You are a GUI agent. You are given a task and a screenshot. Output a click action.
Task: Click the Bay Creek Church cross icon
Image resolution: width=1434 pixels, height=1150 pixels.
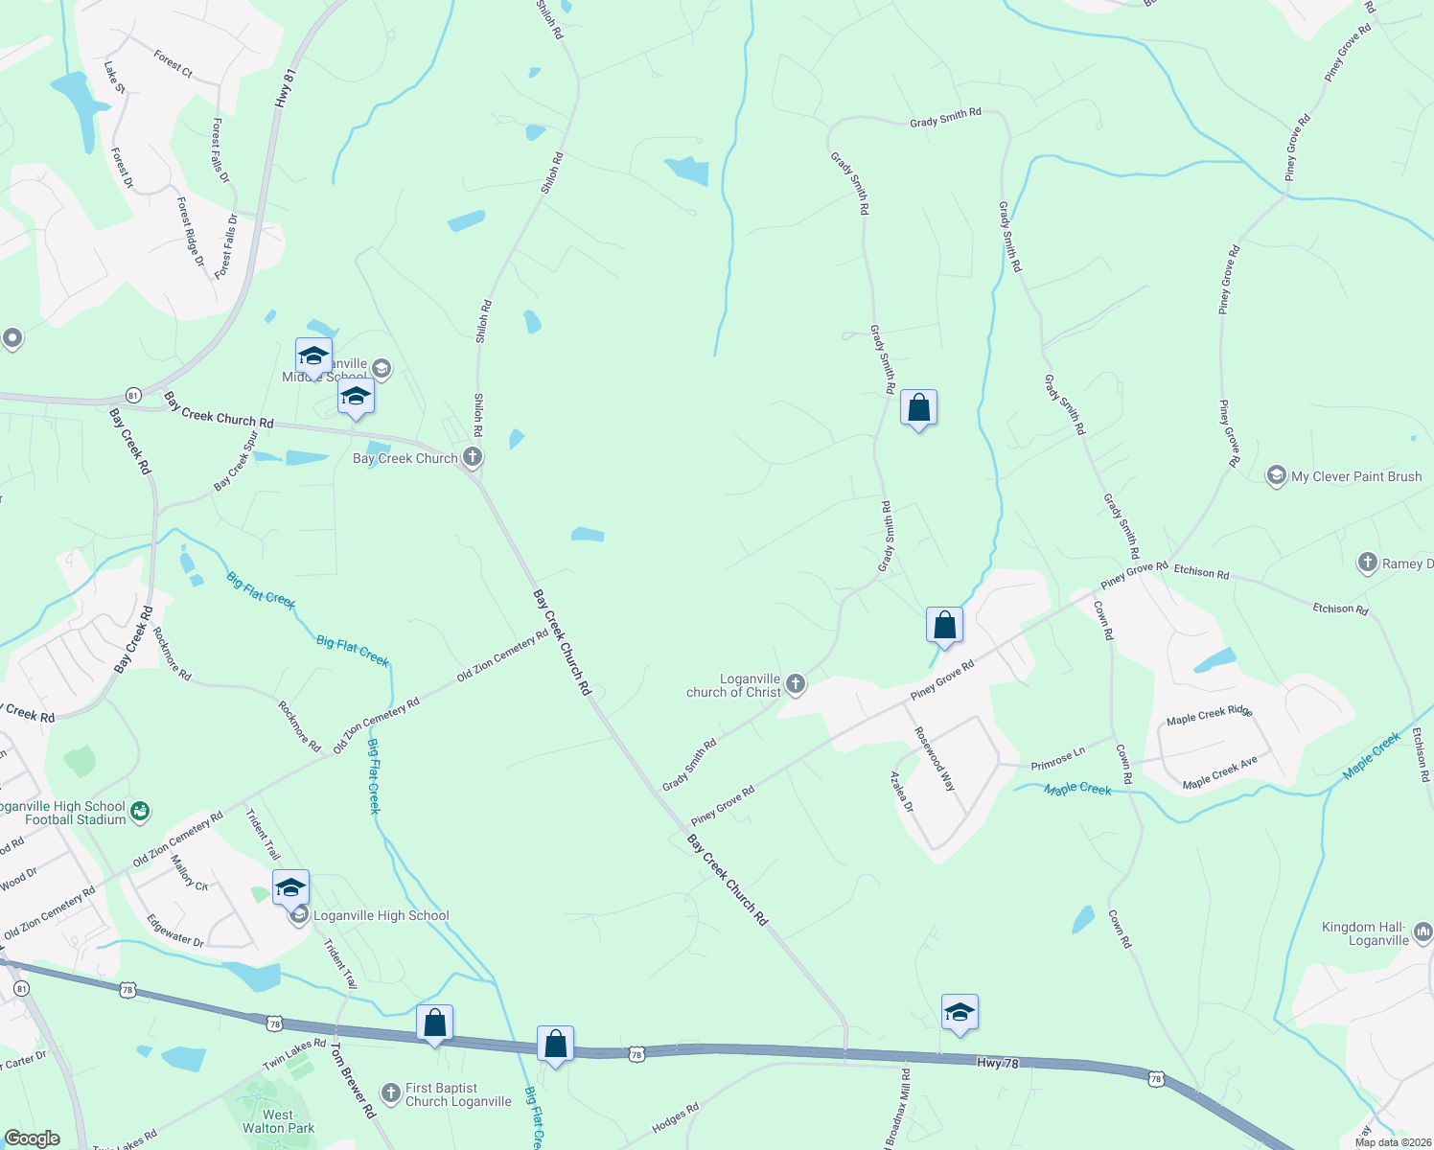[x=473, y=457]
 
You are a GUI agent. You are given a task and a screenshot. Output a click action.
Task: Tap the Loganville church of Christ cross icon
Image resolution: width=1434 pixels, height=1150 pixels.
[x=795, y=684]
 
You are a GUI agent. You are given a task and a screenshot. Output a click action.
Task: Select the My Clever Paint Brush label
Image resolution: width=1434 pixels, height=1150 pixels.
[x=1355, y=476]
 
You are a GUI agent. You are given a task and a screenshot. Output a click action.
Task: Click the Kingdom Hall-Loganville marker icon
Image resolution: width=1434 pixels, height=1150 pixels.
[x=1422, y=931]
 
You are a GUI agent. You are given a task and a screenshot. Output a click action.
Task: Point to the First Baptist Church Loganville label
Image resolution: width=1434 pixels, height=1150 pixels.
[x=457, y=1094]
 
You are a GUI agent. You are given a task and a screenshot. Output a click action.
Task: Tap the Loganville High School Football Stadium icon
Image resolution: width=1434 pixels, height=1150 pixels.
[x=140, y=812]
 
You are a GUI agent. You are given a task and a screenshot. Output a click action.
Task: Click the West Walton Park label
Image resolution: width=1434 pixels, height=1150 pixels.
[x=278, y=1121]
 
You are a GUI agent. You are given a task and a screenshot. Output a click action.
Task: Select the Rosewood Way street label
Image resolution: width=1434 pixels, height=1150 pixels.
[x=935, y=758]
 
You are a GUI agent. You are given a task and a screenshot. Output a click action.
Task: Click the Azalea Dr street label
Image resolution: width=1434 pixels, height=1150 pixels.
[x=902, y=792]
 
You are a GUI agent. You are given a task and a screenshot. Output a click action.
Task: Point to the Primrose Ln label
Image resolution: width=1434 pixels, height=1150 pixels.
[x=1058, y=759]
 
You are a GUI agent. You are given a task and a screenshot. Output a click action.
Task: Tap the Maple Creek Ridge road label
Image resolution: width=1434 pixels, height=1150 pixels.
[x=1210, y=715]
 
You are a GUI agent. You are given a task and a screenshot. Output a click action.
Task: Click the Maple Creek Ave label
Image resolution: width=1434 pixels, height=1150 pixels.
[x=1219, y=772]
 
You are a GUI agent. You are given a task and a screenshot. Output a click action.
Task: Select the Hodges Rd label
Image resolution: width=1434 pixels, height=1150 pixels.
[x=676, y=1118]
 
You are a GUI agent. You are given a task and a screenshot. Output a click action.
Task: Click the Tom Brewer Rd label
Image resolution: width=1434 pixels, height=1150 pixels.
[x=353, y=1082]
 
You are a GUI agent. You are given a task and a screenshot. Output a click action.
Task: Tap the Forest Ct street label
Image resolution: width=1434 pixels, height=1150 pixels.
[x=173, y=64]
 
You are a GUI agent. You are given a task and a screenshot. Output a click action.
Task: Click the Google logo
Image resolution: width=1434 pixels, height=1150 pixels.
[x=32, y=1138]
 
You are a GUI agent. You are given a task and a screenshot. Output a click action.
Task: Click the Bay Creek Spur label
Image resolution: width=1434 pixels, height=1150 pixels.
[x=236, y=461]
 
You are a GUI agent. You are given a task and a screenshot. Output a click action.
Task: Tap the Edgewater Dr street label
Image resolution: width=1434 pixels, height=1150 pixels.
[x=175, y=931]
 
